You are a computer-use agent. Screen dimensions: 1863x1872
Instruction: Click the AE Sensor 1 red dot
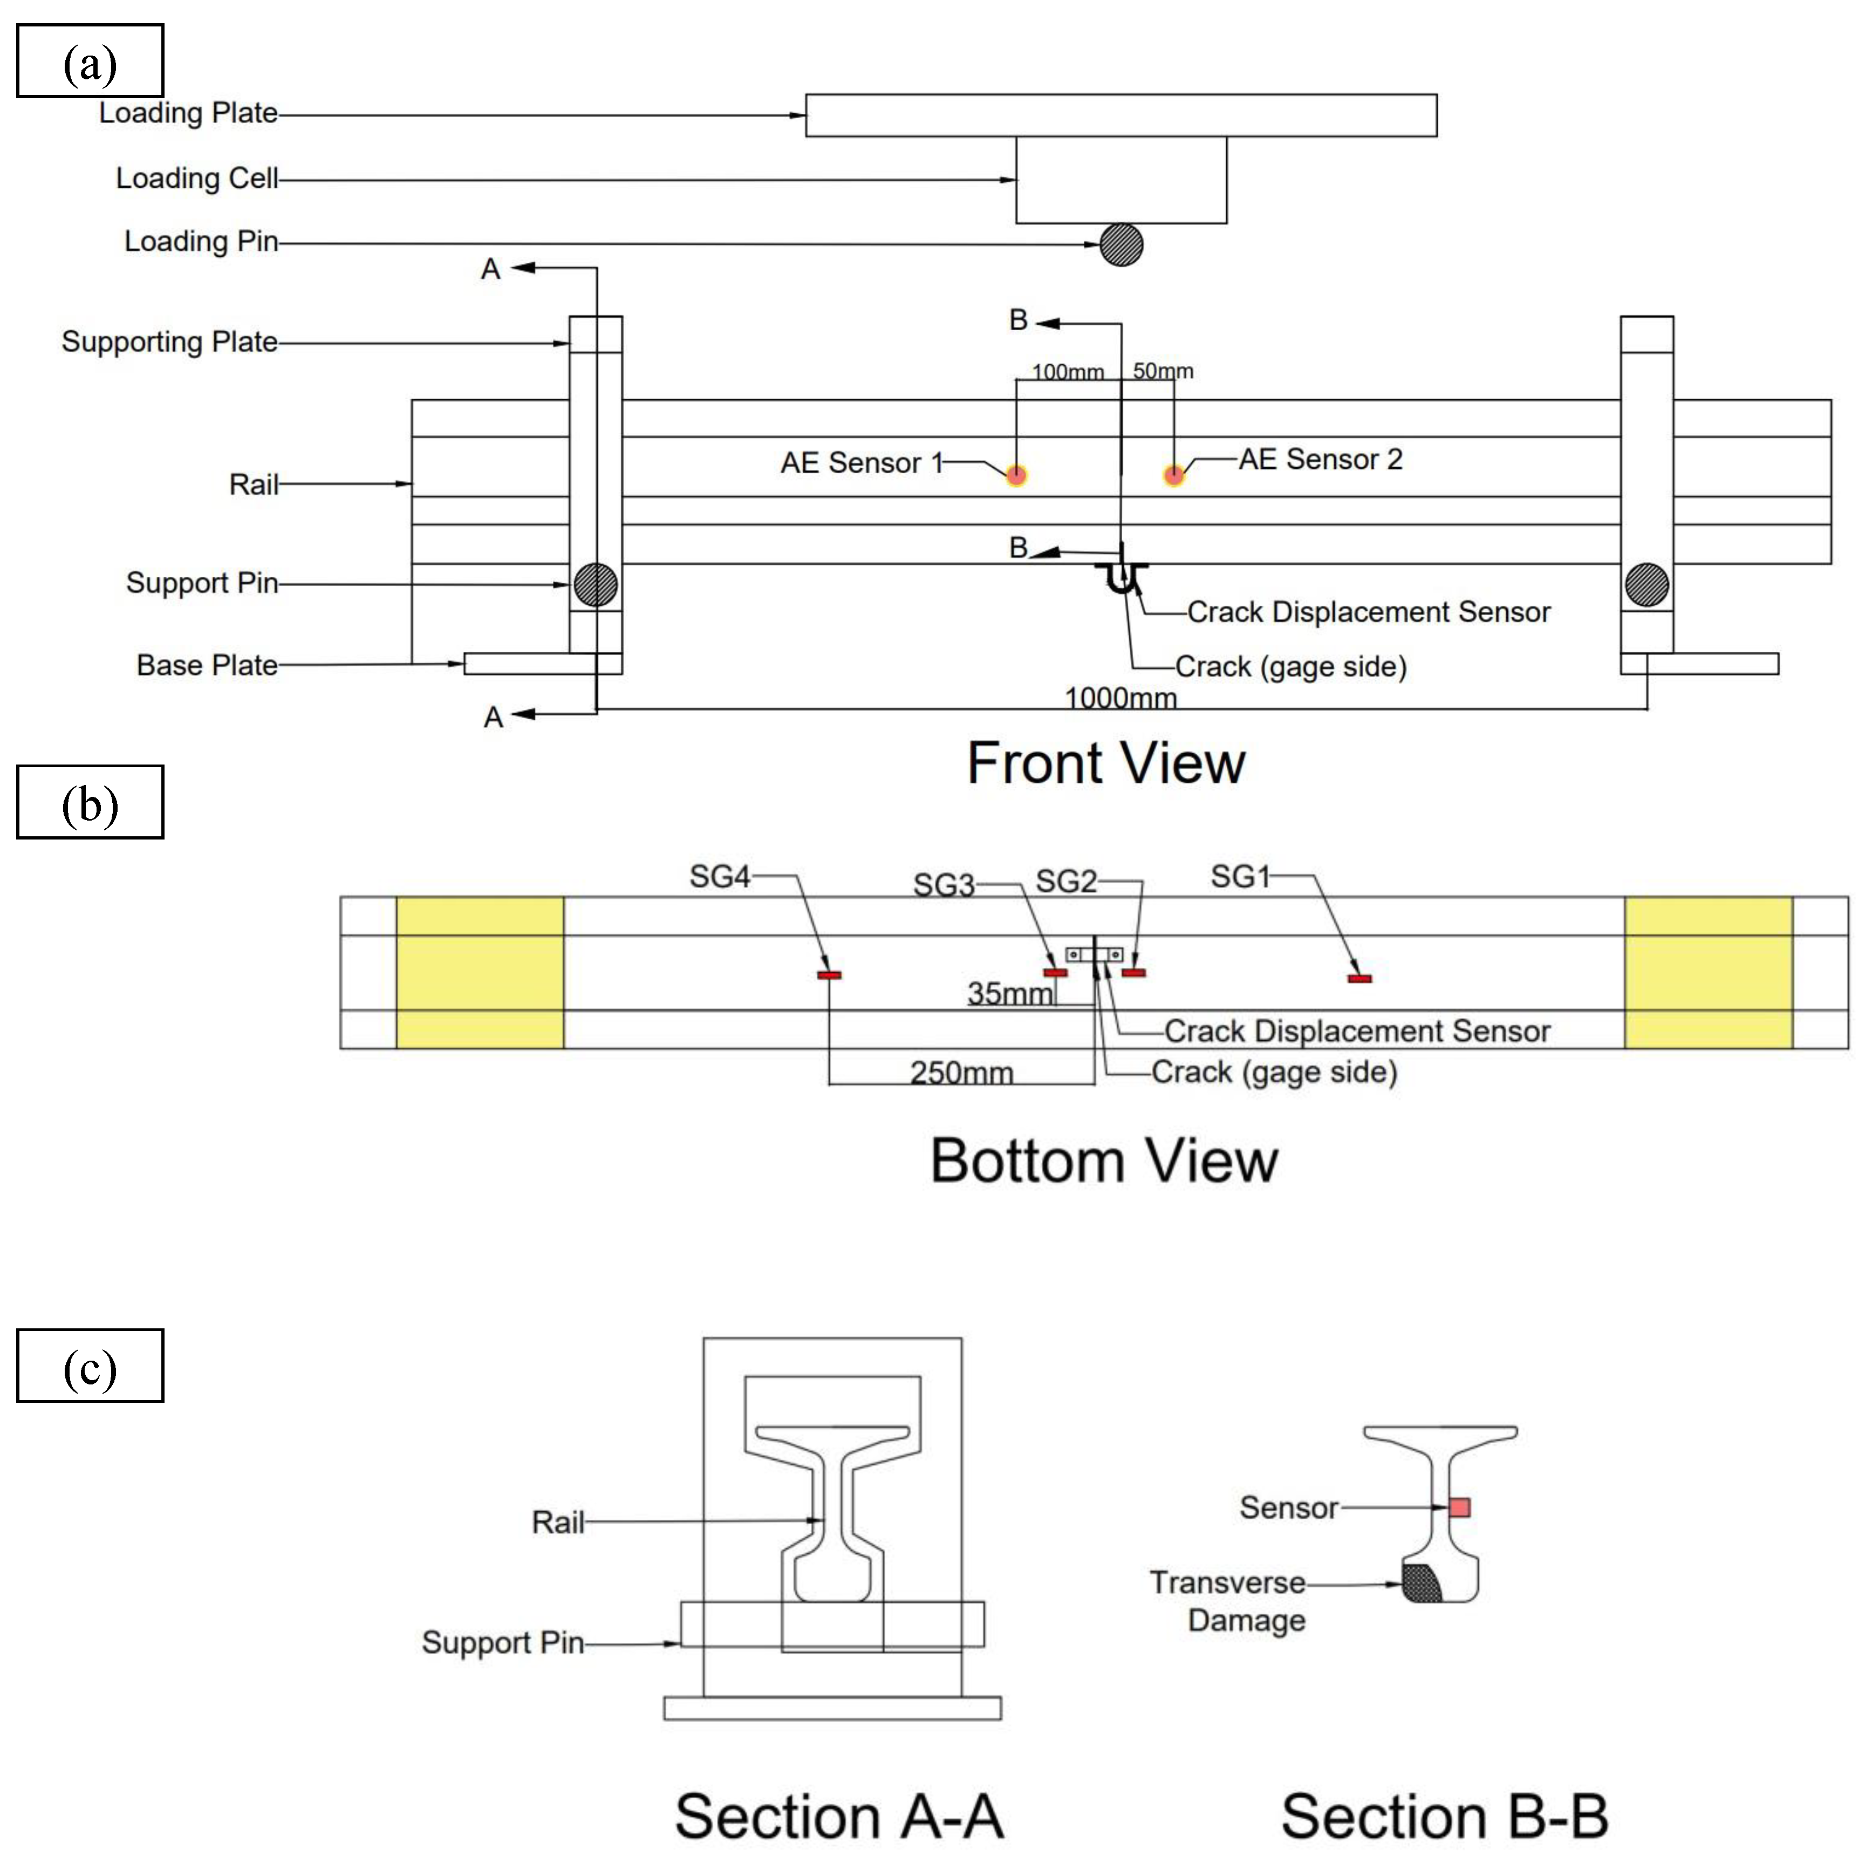(x=1015, y=475)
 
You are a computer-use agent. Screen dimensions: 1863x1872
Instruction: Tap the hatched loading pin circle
(x=1121, y=245)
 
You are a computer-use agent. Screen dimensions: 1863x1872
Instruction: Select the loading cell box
(x=1121, y=180)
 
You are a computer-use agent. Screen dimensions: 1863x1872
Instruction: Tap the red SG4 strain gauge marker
(x=829, y=974)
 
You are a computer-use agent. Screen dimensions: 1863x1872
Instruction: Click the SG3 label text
(x=943, y=884)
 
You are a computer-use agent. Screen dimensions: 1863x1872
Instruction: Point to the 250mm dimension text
(x=961, y=1073)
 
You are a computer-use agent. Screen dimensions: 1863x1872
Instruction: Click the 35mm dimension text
(x=1010, y=993)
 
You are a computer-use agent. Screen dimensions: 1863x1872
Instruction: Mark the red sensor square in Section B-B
(x=1459, y=1507)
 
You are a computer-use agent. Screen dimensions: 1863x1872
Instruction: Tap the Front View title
(x=1105, y=763)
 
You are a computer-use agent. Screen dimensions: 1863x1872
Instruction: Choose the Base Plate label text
(x=207, y=666)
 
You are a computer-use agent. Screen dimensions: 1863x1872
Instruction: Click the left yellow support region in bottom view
(x=480, y=973)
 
